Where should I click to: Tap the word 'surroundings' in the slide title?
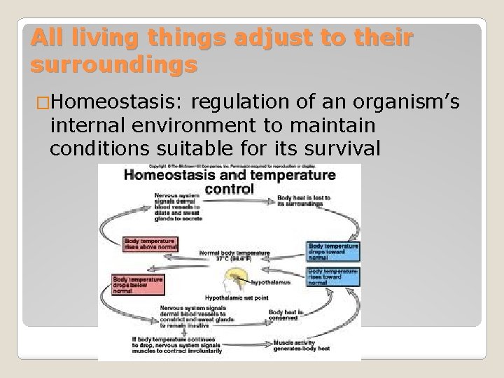[x=113, y=66]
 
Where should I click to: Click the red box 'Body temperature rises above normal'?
[x=150, y=244]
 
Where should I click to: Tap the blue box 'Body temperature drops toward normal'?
[x=332, y=251]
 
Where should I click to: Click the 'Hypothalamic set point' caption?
[x=228, y=298]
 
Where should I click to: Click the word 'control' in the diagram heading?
[x=229, y=188]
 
